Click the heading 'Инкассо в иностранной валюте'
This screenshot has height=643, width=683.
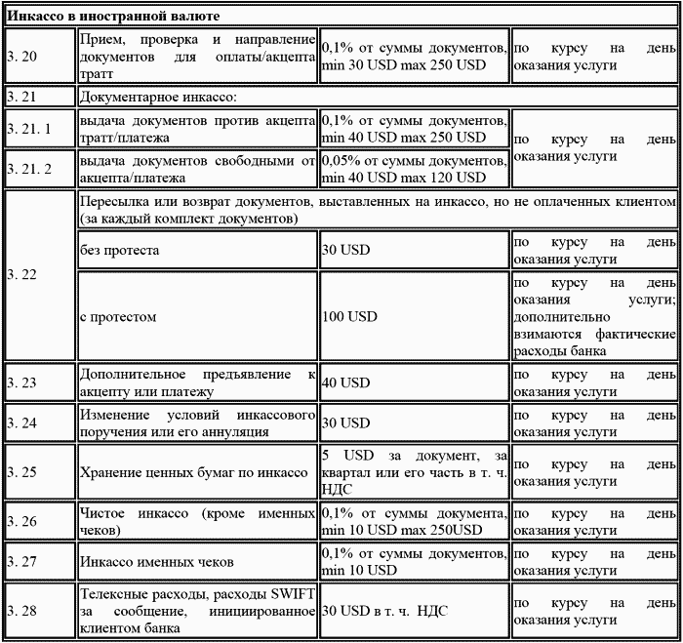[113, 17]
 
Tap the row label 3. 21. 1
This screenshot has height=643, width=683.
[28, 129]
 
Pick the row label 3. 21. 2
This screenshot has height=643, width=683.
[28, 169]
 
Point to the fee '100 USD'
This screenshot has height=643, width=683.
[349, 317]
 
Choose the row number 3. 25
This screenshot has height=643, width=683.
[21, 471]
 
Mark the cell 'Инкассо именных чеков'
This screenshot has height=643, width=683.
[157, 563]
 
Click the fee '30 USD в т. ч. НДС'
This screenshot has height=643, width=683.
[384, 611]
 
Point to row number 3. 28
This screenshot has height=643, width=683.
[21, 611]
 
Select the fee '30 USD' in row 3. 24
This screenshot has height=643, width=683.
[346, 423]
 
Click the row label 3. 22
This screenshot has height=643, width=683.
[21, 275]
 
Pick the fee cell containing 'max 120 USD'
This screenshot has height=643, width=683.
[414, 169]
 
